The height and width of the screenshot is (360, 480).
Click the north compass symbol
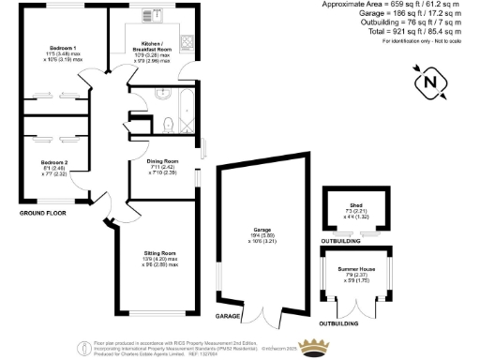[431, 82]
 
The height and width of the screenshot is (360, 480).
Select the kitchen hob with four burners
[187, 42]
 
